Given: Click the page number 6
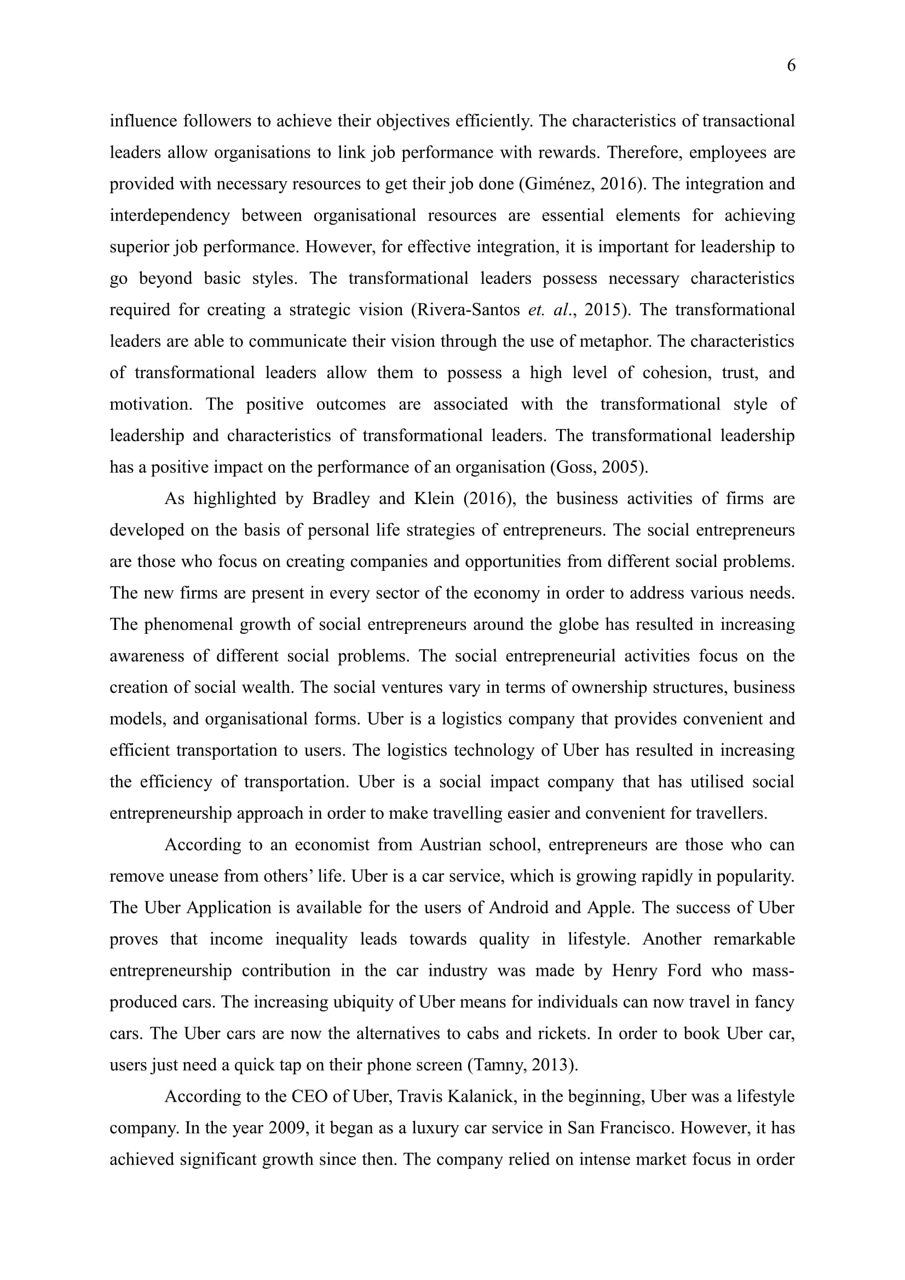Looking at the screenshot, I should (x=791, y=66).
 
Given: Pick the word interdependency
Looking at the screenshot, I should (x=170, y=216).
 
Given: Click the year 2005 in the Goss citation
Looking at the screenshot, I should (x=622, y=467).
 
